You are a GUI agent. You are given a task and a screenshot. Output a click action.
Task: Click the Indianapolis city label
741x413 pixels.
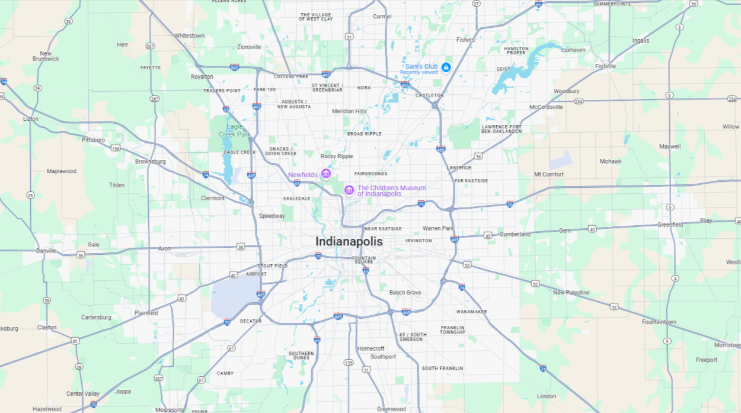(x=349, y=242)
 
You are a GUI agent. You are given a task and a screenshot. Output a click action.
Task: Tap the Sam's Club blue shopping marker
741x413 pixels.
(x=446, y=67)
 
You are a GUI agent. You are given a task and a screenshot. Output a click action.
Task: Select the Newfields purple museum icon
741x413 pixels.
(x=325, y=174)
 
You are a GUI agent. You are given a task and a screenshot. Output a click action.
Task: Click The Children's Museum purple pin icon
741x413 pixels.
(x=349, y=190)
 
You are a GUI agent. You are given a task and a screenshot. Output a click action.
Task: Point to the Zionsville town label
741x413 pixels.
(x=249, y=47)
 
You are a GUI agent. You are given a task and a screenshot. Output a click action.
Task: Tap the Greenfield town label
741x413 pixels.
(x=670, y=225)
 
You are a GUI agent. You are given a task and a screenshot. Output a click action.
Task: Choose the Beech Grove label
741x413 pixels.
(x=405, y=293)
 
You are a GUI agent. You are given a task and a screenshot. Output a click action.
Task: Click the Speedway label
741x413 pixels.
(x=272, y=216)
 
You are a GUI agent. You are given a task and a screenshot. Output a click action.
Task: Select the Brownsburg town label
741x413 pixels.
(x=150, y=161)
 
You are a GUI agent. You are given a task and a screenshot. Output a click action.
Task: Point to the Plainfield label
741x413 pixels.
(x=146, y=313)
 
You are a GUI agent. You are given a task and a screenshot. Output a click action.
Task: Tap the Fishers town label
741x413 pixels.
(x=465, y=40)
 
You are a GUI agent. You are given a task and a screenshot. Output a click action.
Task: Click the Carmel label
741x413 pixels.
(x=382, y=17)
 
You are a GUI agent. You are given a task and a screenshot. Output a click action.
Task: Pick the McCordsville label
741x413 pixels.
(x=546, y=107)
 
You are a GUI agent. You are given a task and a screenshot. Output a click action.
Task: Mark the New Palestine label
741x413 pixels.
(x=571, y=293)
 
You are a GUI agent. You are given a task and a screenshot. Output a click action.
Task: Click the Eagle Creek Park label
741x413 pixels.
(x=234, y=130)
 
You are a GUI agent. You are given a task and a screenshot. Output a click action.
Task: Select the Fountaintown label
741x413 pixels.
(x=659, y=322)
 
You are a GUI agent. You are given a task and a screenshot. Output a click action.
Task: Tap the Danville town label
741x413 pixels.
(x=46, y=251)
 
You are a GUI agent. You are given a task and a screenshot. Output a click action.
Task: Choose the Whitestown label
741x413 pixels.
(x=189, y=36)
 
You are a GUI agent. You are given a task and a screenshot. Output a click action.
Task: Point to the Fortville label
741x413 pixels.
(x=605, y=66)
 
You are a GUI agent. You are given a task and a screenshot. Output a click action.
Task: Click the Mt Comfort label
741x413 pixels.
(x=549, y=174)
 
